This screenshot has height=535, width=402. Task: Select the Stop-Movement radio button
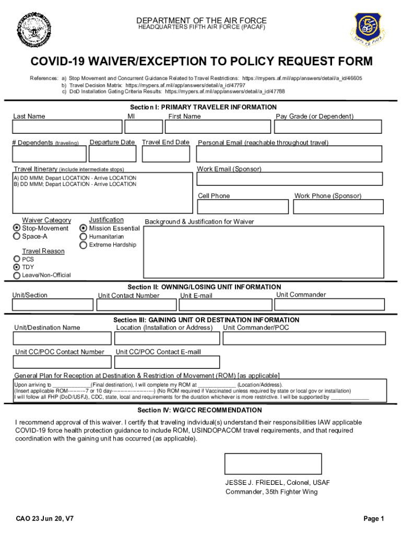(17, 228)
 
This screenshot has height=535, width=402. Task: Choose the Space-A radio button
(17, 237)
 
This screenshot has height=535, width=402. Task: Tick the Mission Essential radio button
(84, 228)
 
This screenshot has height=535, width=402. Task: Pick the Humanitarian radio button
(84, 237)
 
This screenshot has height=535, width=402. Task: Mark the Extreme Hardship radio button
(84, 245)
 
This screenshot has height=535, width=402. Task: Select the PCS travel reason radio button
(17, 259)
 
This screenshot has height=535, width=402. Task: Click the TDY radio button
(17, 267)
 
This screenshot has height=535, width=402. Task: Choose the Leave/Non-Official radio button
(17, 275)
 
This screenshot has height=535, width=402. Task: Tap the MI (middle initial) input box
(144, 127)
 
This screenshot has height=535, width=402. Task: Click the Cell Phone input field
(242, 207)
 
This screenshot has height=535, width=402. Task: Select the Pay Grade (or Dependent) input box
(331, 127)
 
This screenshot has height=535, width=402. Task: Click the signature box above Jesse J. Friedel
(273, 463)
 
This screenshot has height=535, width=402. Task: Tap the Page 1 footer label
(374, 519)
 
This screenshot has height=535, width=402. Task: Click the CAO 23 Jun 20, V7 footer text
(45, 519)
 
